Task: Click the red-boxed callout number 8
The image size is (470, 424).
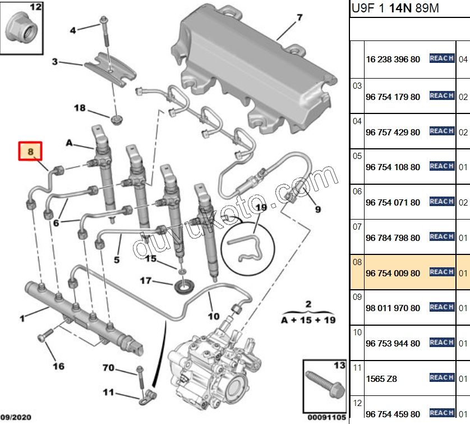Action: pos(31,151)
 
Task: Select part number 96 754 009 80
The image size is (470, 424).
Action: pos(392,273)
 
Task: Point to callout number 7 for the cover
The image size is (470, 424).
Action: pos(299,17)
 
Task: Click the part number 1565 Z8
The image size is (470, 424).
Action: pos(381,379)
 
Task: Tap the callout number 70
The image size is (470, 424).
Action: pos(109,368)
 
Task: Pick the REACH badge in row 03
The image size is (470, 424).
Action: pos(441,96)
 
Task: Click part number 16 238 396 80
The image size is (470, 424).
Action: pos(392,59)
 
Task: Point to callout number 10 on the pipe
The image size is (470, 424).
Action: pos(214,316)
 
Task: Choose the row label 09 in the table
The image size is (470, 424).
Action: pos(357,297)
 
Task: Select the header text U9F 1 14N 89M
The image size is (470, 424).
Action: pos(395,10)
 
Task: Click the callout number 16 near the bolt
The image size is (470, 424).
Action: pos(58,367)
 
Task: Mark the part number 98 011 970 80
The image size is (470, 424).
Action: pos(392,308)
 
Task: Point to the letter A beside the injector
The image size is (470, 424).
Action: pos(70,144)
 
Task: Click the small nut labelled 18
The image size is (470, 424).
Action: pos(117,119)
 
